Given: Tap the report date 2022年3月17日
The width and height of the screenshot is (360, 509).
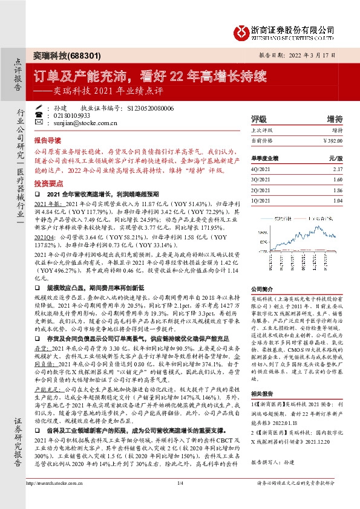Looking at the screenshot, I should [x=329, y=54].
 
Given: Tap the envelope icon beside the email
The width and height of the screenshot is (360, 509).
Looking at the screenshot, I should [x=39, y=122].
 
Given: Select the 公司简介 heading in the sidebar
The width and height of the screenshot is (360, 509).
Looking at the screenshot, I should [x=261, y=290].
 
